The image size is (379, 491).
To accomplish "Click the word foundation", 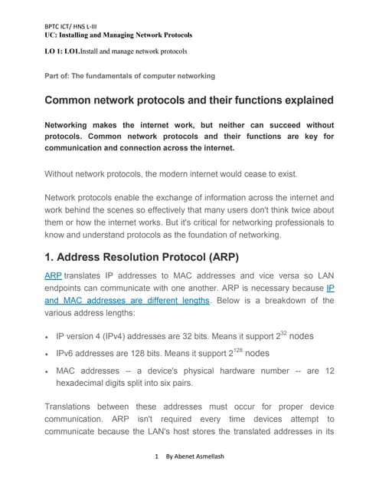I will point(214,235).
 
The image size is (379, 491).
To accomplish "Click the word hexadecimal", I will point(87,384).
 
